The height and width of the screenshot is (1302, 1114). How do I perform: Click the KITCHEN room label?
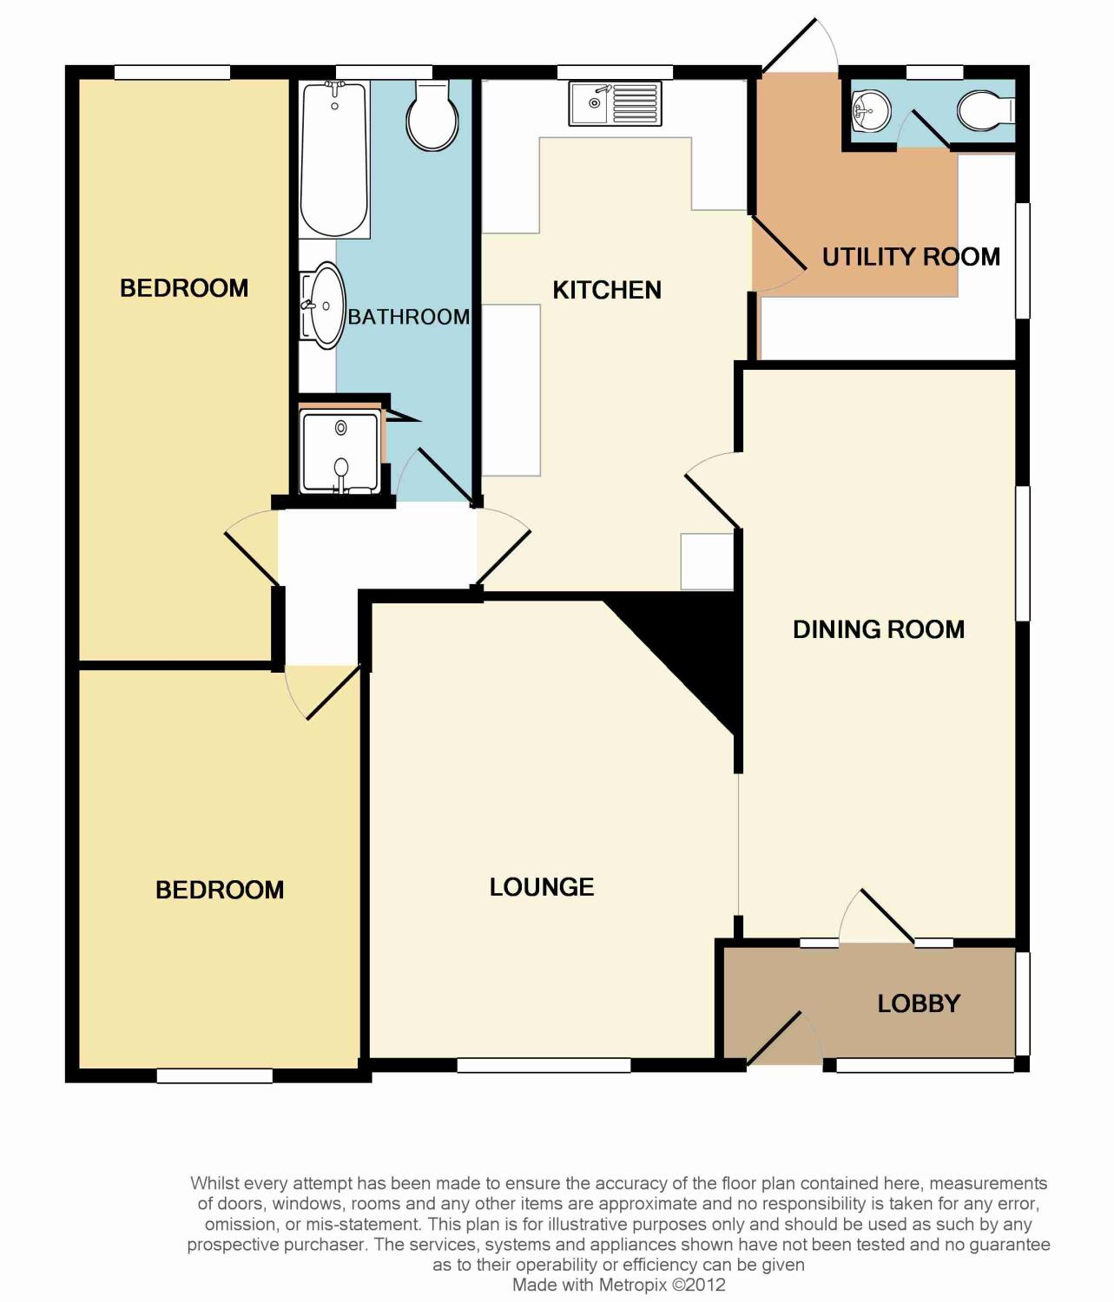607,290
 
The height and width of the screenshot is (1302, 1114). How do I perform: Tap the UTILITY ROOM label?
910,257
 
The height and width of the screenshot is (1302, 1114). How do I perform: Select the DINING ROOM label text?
878,629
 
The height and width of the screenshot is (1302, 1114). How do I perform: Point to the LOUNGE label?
542,887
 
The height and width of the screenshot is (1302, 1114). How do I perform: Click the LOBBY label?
918,1003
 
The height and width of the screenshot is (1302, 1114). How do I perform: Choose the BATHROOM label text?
408,317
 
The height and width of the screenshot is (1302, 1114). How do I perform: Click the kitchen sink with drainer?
615,103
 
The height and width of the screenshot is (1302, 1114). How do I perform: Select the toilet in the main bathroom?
432,117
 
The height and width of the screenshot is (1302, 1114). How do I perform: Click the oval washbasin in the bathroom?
324,306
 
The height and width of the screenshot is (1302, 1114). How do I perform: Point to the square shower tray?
339,452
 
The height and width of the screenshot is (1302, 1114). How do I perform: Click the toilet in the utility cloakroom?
985,110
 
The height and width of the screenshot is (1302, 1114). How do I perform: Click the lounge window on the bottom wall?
544,1065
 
